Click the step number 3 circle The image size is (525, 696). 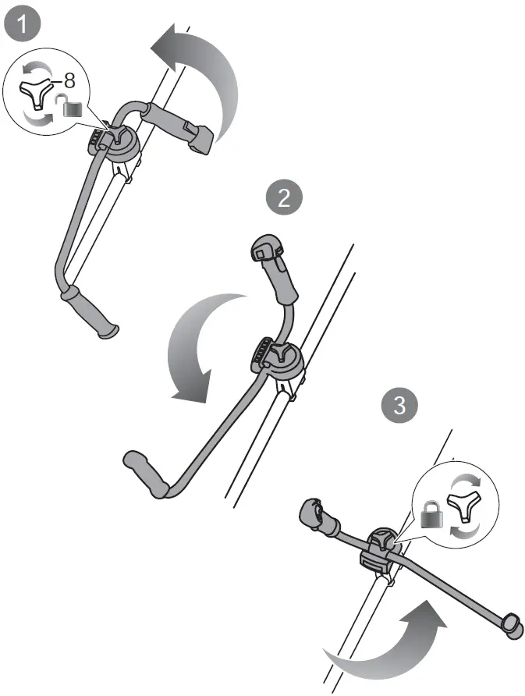pyautogui.click(x=399, y=406)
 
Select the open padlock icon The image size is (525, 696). pyautogui.click(x=73, y=108)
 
